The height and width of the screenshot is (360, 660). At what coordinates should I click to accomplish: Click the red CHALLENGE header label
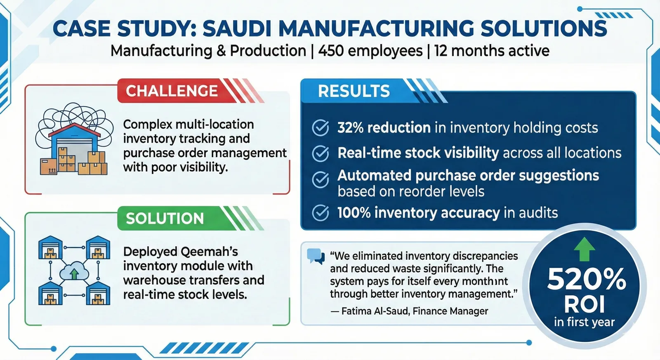click(x=172, y=91)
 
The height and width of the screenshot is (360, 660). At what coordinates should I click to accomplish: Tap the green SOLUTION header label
click(x=165, y=218)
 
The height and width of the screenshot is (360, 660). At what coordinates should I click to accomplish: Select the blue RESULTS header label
click(x=354, y=91)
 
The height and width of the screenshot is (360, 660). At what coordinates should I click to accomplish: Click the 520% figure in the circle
click(x=586, y=279)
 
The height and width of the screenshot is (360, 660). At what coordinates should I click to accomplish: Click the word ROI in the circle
click(x=585, y=304)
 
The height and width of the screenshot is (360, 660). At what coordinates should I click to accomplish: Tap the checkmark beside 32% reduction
click(x=321, y=128)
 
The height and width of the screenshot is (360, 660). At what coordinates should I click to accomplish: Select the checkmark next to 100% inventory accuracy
click(x=321, y=213)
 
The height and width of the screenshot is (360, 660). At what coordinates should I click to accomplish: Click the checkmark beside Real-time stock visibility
click(x=321, y=153)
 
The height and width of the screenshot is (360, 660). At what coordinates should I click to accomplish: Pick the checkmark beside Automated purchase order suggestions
click(x=321, y=179)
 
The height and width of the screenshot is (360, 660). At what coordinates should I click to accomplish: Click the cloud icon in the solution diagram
click(x=74, y=273)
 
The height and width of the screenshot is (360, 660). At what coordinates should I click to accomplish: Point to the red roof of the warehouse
click(x=75, y=129)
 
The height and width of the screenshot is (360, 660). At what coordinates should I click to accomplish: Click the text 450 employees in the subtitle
click(x=370, y=51)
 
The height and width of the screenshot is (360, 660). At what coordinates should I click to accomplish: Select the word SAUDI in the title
click(x=237, y=29)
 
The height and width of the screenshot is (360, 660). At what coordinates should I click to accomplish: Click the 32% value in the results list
click(x=350, y=128)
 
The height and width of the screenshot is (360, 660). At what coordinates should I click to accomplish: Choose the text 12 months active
click(x=492, y=51)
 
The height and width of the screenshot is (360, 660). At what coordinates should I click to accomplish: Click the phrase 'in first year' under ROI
click(x=584, y=322)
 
